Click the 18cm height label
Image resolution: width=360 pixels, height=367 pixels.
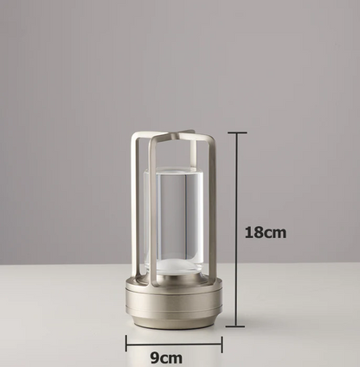[x=265, y=232]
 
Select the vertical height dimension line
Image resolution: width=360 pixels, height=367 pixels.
[x=236, y=229]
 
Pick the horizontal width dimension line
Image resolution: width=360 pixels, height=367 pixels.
[x=173, y=344]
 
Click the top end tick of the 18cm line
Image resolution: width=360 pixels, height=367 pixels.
[x=236, y=133]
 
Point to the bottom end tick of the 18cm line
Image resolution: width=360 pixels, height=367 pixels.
[x=236, y=326]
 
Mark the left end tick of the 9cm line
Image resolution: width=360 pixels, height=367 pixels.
[x=126, y=344]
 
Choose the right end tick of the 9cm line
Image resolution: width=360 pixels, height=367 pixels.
[x=222, y=344]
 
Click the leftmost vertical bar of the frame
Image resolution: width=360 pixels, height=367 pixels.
[x=134, y=208]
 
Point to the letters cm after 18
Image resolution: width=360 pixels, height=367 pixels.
[x=275, y=232]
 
